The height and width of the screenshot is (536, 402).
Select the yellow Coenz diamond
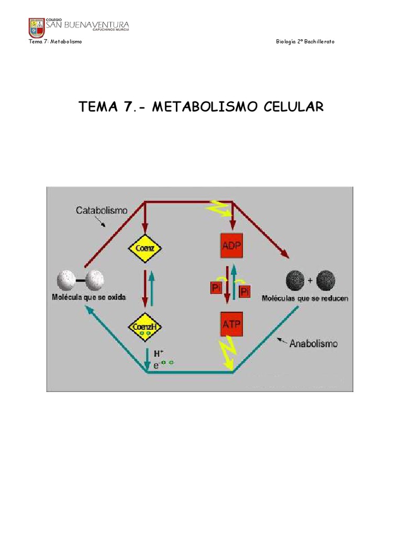(x=144, y=248)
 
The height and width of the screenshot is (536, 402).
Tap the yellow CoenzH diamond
(x=144, y=328)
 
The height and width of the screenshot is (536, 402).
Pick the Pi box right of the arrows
(x=244, y=291)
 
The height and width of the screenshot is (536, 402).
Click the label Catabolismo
(x=101, y=210)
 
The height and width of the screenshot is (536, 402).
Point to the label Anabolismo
(x=314, y=344)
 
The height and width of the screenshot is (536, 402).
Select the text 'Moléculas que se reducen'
(x=305, y=298)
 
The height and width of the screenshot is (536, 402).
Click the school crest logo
(x=36, y=27)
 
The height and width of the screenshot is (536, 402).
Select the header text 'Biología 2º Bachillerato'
(x=305, y=41)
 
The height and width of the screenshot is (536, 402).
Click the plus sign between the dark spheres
(x=311, y=280)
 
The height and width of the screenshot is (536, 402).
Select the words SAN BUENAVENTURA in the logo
(x=88, y=24)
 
